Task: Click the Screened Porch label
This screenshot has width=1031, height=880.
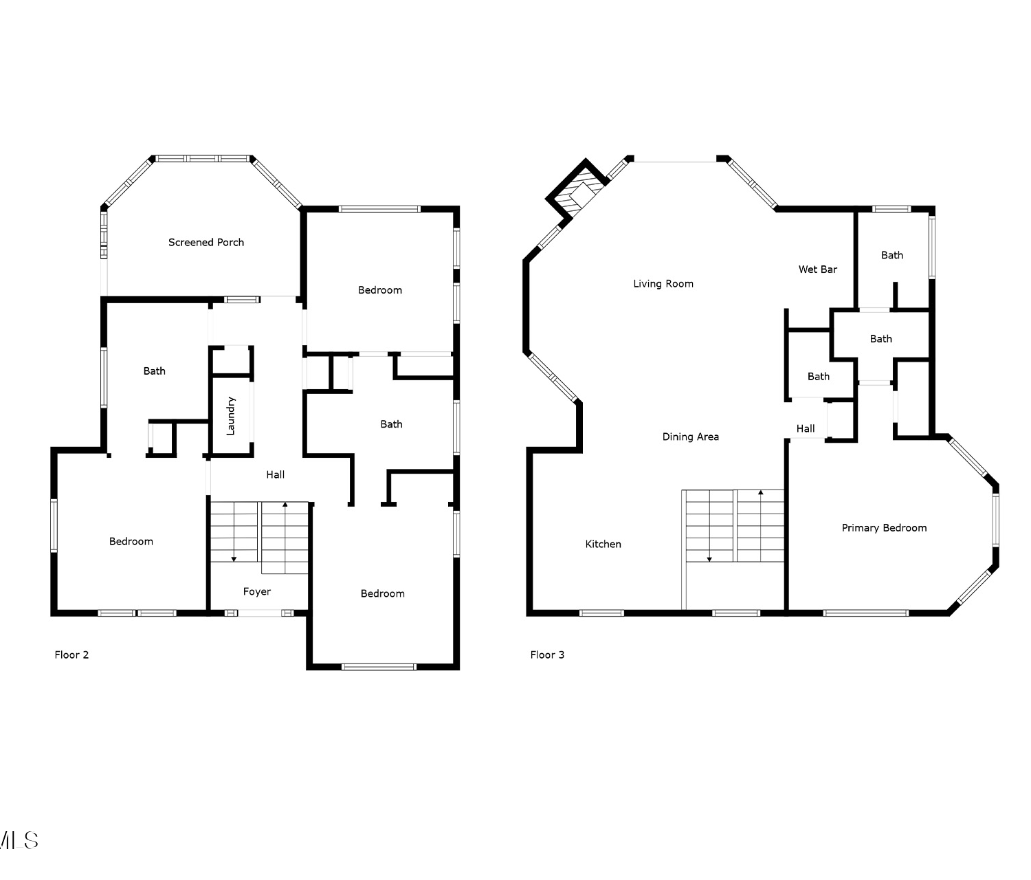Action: point(206,243)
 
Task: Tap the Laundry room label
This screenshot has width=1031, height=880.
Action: point(230,416)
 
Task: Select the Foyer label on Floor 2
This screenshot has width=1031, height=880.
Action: point(257,592)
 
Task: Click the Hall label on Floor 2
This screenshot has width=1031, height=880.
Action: point(276,474)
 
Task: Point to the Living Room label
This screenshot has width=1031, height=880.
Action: point(663,284)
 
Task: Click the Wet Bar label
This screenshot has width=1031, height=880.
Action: point(817,269)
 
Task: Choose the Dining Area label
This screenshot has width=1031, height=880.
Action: point(690,437)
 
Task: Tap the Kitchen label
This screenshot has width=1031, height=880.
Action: point(603,544)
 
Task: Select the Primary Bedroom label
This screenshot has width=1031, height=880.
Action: point(884,528)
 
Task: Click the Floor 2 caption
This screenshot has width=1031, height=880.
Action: point(71,655)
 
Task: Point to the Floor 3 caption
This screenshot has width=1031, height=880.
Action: point(547,655)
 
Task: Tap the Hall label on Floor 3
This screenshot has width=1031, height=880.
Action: point(806,428)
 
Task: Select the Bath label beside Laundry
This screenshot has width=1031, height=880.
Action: point(154,371)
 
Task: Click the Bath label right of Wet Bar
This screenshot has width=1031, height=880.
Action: point(892,256)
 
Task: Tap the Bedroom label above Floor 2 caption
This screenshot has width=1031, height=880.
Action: point(131,542)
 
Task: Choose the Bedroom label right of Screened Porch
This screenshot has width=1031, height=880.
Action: point(380,290)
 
